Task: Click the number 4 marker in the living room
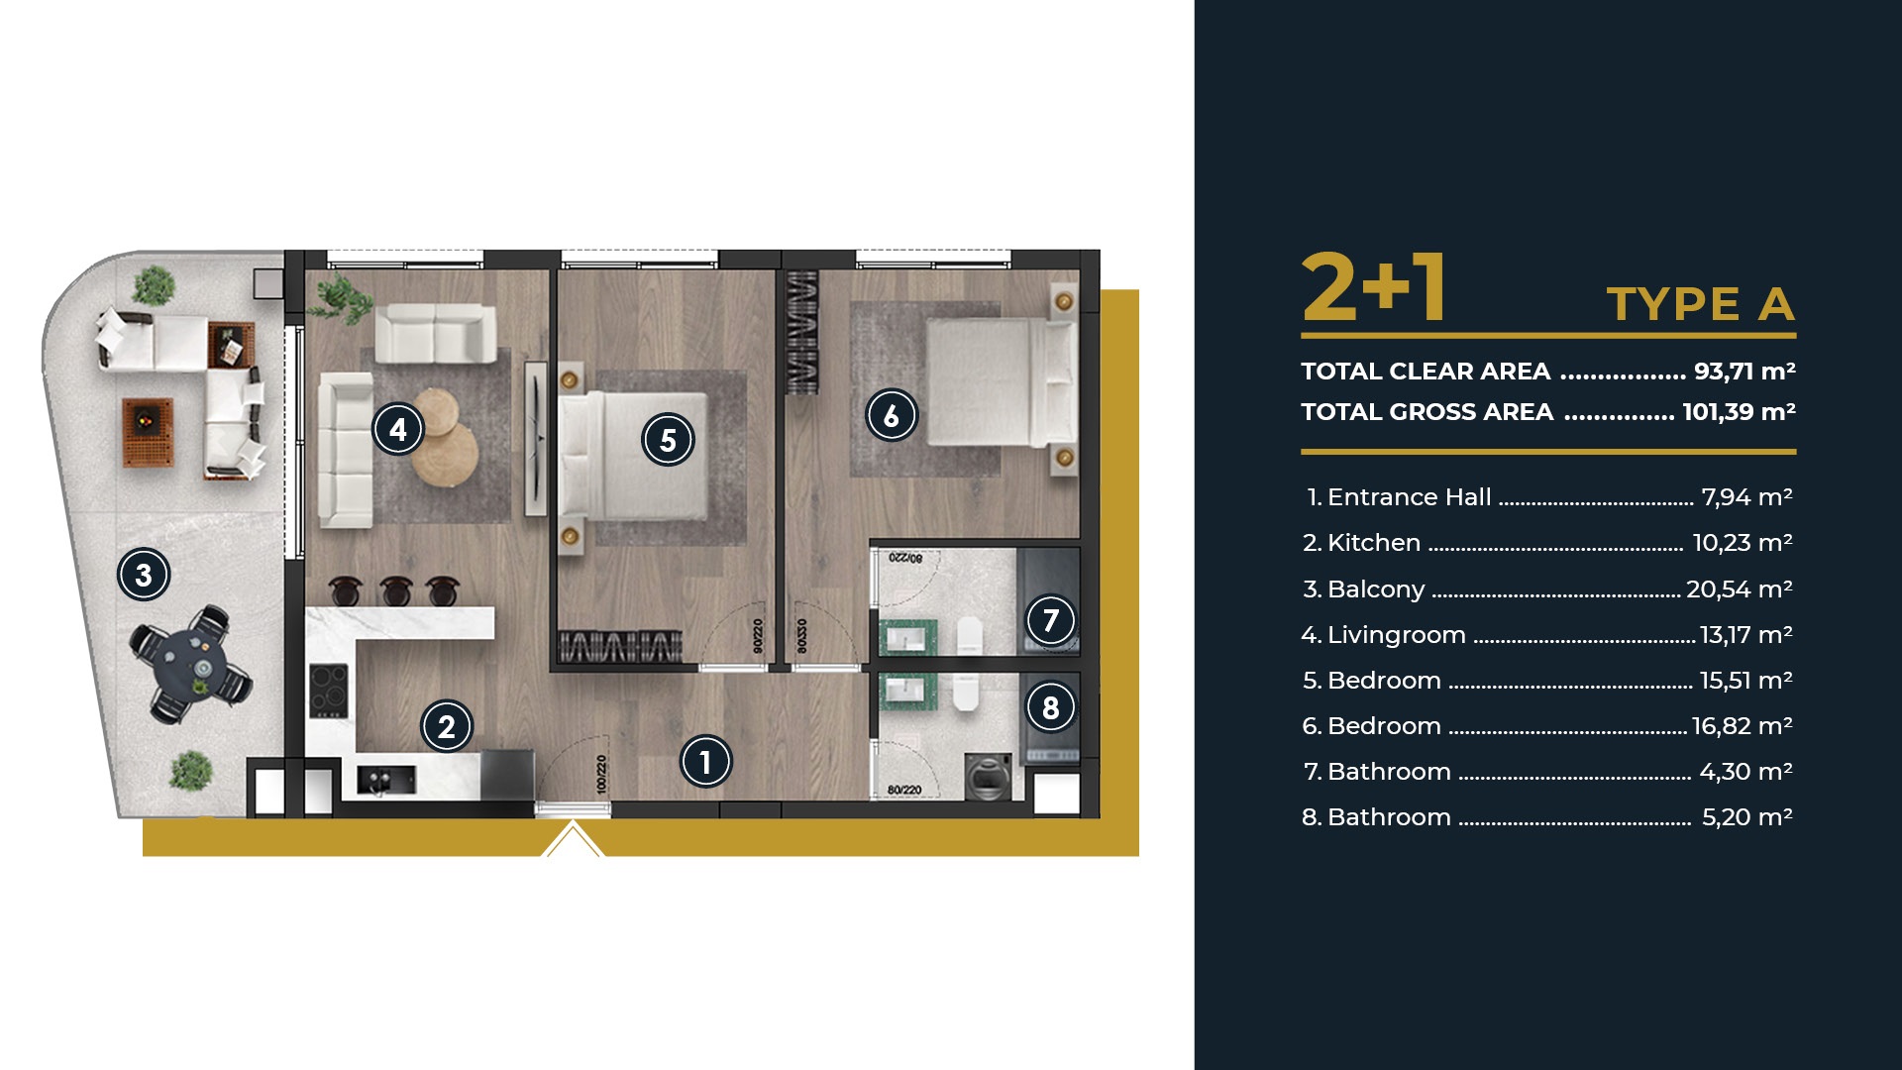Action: coord(398,429)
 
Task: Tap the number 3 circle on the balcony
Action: coord(144,575)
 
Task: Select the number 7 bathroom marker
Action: coord(1051,621)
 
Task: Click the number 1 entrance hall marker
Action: coord(705,762)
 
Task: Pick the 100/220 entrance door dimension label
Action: coord(601,775)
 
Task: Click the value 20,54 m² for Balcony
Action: coord(1740,588)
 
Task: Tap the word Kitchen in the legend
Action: coord(1373,543)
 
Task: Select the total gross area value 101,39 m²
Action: coord(1740,411)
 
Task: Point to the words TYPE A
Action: coord(1700,304)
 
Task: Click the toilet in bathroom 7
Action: coord(970,635)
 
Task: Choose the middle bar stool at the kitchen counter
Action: coord(395,590)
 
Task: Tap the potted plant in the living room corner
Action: coord(340,298)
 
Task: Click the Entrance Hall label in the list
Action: coord(1409,497)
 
